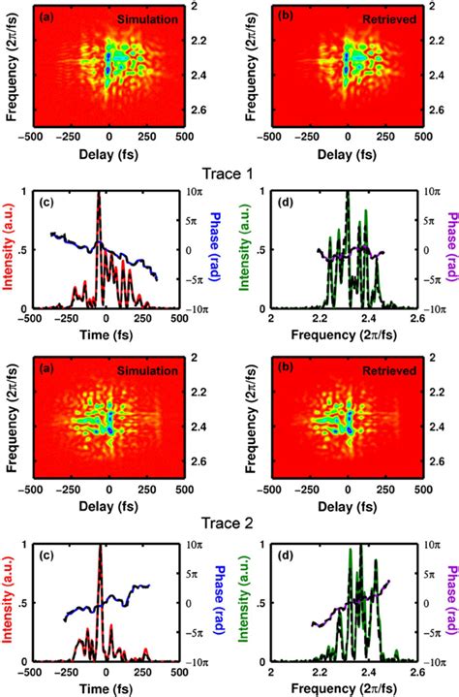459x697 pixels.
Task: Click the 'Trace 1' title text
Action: (229, 175)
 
